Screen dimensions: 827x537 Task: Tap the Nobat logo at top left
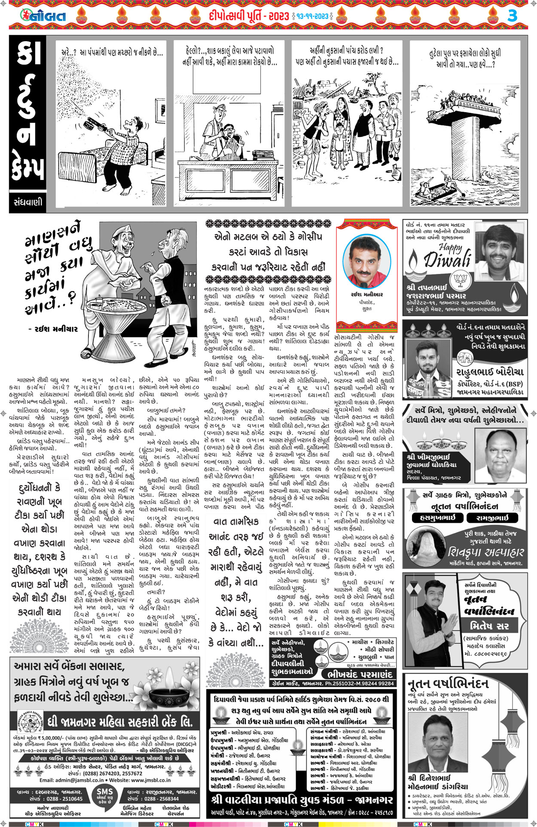click(x=43, y=16)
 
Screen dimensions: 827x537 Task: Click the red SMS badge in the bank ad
click(x=104, y=795)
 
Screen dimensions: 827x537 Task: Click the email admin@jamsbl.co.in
click(x=70, y=780)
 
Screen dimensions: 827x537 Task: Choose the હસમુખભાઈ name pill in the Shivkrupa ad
click(x=436, y=518)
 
